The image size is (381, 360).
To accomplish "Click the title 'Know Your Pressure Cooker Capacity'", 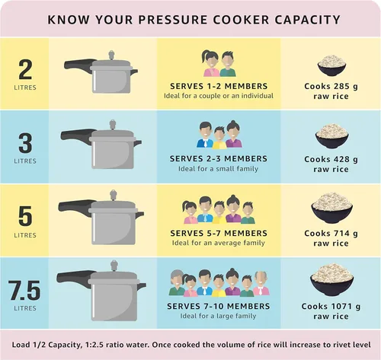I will [194, 18].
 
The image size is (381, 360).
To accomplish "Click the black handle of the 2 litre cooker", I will [78, 64].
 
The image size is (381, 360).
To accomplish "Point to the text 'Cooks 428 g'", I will [331, 159].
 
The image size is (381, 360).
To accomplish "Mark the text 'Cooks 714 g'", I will [331, 233].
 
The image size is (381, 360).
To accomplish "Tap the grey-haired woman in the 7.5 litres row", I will [176, 282].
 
